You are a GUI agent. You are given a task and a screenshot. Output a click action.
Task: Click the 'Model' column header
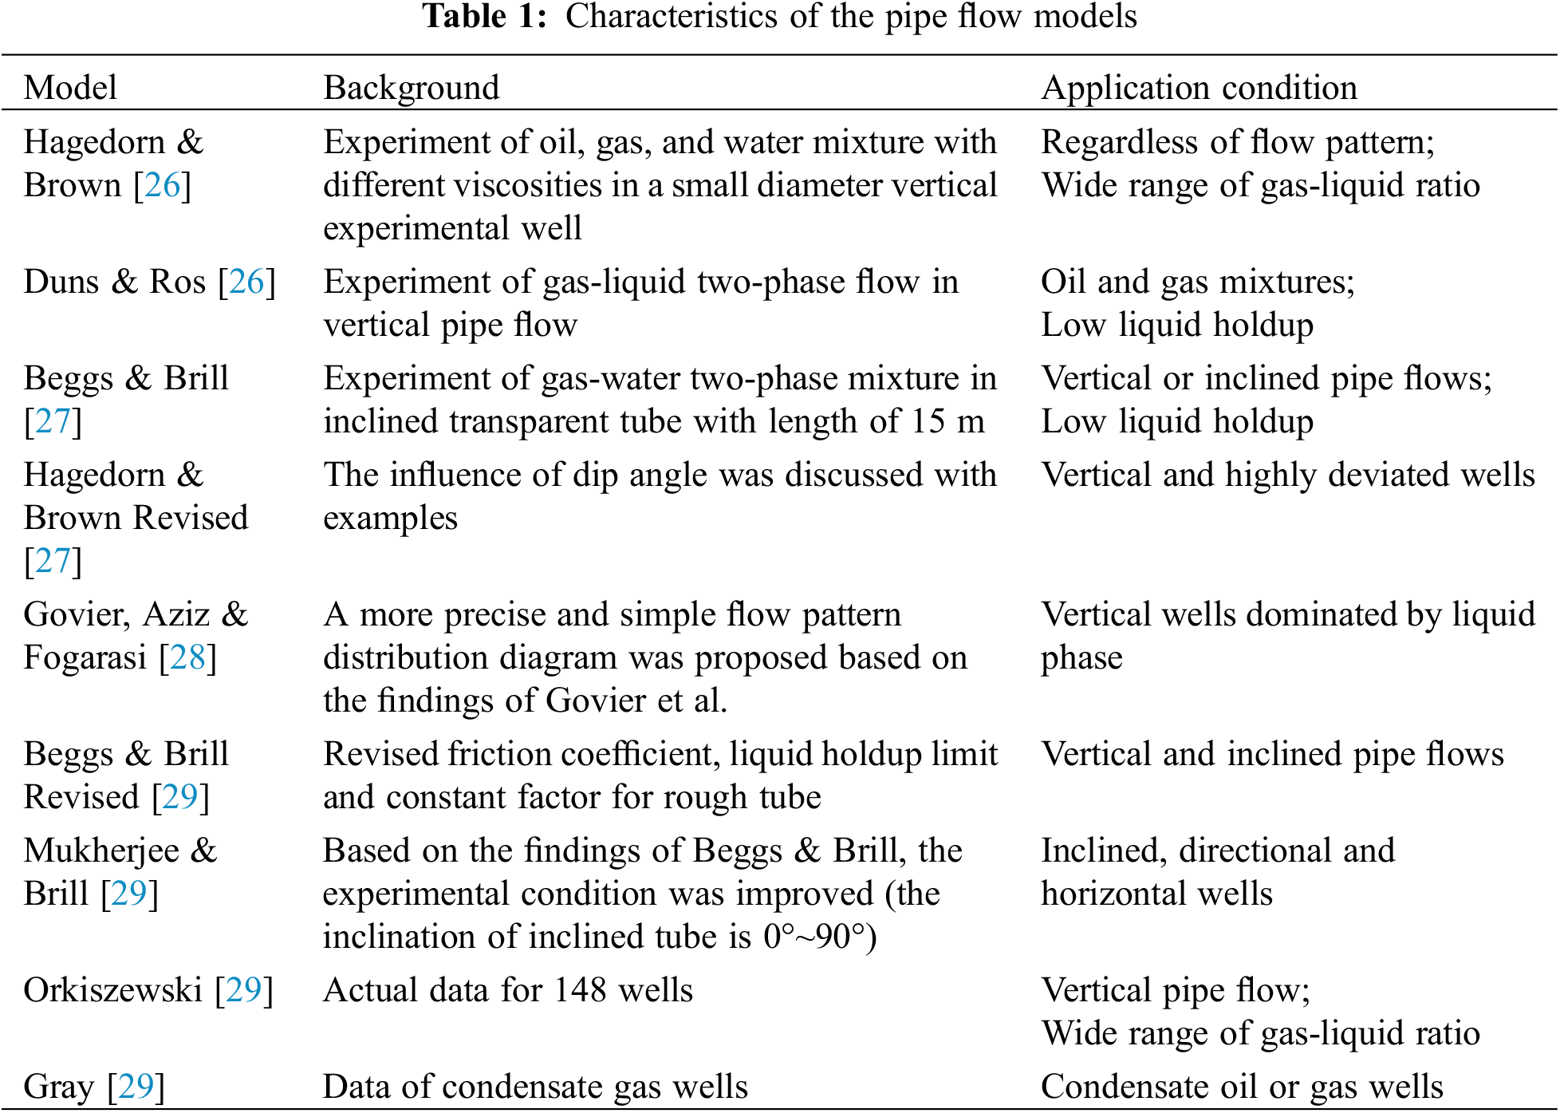[x=70, y=87]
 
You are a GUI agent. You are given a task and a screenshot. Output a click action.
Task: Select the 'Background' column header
[x=411, y=87]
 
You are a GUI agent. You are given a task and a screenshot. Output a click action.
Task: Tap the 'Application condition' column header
[x=1199, y=87]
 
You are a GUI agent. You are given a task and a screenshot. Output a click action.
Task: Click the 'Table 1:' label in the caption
[x=485, y=16]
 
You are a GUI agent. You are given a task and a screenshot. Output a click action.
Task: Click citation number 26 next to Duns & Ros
[x=246, y=282]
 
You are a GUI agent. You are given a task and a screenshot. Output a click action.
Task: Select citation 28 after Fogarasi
[x=187, y=657]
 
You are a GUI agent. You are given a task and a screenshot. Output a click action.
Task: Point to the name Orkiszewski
[x=112, y=990]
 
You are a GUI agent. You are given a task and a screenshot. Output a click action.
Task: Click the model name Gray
[x=58, y=1087]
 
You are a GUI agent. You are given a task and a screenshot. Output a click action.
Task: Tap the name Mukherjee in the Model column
[x=101, y=851]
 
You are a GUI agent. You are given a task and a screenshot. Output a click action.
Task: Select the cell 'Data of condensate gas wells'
[x=535, y=1087]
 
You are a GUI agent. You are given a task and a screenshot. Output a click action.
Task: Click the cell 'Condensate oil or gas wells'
[x=1242, y=1087]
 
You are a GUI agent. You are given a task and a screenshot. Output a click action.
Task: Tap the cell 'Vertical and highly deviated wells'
[x=1287, y=475]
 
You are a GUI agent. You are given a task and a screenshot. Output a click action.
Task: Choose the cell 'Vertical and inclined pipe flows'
[x=1272, y=754]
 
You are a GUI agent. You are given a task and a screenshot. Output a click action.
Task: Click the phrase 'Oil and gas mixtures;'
[x=1197, y=282]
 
